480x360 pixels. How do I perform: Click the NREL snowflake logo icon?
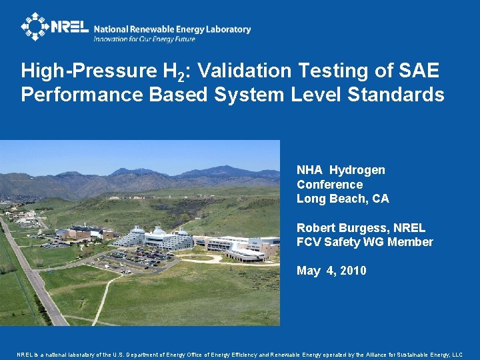click(x=35, y=27)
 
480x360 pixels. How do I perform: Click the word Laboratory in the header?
click(x=229, y=29)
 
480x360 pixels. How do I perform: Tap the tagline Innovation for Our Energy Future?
click(x=144, y=39)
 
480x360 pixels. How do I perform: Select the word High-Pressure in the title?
click(x=76, y=71)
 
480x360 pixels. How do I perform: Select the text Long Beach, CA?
click(x=343, y=199)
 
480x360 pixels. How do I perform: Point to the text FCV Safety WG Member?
click(x=365, y=242)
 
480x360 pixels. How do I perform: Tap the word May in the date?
click(x=308, y=271)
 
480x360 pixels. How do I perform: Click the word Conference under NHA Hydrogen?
click(x=329, y=185)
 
